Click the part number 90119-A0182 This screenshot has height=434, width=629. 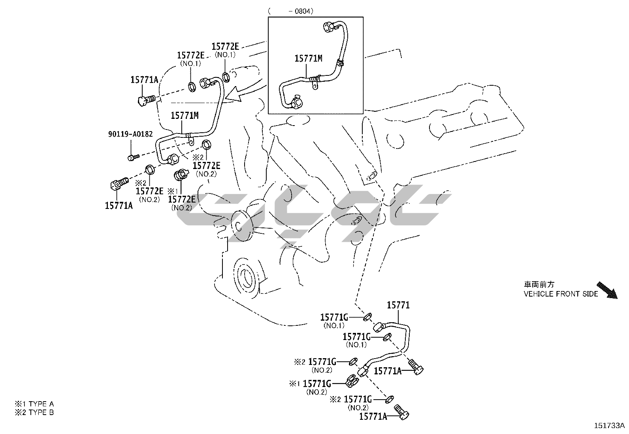click(130, 134)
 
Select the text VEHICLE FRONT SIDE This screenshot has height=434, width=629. click(561, 294)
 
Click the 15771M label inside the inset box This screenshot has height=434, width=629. click(308, 59)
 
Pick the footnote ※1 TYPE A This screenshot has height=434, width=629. click(34, 404)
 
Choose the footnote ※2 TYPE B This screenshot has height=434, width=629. click(34, 412)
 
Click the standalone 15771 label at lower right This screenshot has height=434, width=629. click(398, 305)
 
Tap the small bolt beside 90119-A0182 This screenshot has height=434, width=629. click(132, 157)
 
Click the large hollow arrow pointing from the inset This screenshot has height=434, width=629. click(239, 95)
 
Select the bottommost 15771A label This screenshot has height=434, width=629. click(373, 416)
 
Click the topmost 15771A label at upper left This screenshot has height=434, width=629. click(144, 80)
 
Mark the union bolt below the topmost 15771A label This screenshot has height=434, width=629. click(147, 100)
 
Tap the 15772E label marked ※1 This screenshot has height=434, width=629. click(182, 199)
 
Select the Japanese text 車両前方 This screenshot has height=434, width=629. click(539, 284)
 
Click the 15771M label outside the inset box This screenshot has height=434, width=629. click(185, 116)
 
